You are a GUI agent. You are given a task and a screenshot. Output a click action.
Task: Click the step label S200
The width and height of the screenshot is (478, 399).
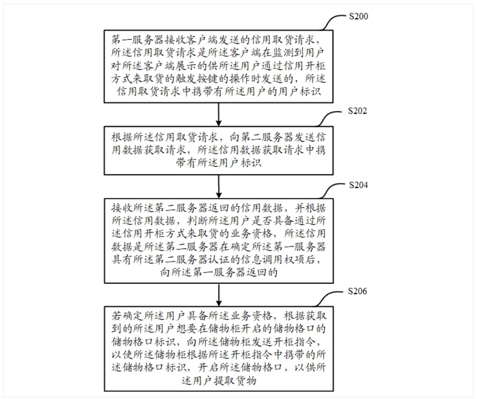pos(358,16)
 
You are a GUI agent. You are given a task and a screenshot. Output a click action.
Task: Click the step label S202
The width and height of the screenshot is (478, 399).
pos(357,111)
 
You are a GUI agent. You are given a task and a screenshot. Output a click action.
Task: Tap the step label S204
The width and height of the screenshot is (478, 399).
pos(358,185)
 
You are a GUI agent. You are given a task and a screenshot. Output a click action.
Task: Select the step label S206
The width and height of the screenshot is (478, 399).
pos(357,291)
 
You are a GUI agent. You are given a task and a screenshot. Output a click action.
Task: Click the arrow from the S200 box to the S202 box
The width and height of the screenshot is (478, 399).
pos(218,114)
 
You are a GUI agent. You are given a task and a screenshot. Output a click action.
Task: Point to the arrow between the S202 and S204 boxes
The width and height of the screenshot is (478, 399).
pos(218,186)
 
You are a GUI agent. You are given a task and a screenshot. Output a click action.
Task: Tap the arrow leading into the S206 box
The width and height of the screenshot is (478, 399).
pos(218,295)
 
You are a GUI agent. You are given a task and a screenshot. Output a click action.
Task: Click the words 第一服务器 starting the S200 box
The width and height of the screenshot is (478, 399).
pos(138,40)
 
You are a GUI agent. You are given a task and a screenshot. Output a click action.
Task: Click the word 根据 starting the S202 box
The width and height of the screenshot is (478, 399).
pos(122,138)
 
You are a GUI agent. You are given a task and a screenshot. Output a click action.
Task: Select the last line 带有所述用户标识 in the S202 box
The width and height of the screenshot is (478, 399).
pos(218,163)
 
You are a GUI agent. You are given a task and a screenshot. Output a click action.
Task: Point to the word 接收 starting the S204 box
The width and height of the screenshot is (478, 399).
pos(122,208)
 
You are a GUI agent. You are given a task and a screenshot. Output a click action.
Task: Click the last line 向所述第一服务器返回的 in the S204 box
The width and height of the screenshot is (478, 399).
pos(218,272)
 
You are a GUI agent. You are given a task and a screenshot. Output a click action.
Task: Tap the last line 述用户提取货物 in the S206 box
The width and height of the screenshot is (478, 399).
pos(218,381)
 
